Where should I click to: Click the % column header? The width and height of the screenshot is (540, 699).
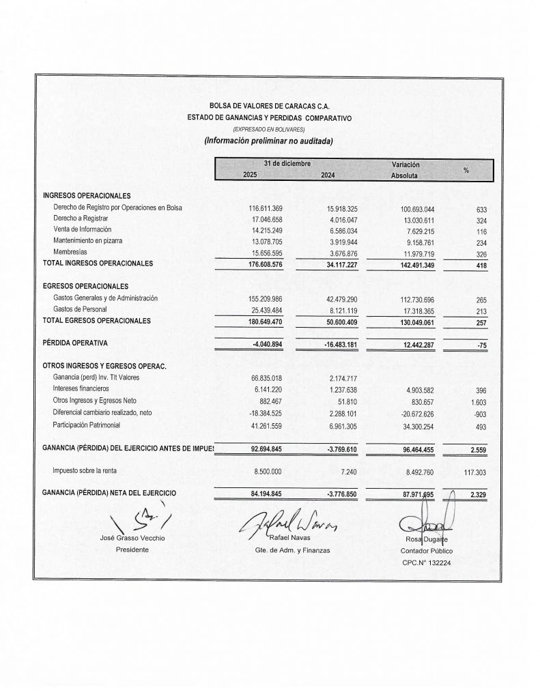coord(466,170)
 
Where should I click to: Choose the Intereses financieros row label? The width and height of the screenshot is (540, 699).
coord(85,388)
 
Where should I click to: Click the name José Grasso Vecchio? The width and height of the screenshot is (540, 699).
coord(132,538)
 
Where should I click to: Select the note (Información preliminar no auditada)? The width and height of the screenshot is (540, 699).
coord(268,141)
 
